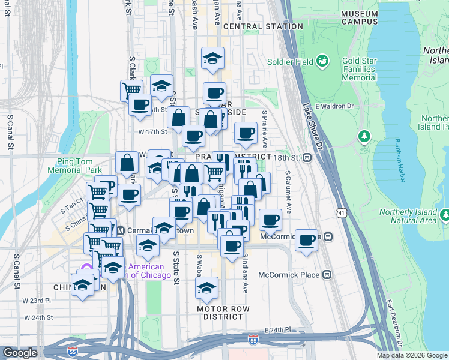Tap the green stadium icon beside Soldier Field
[x=323, y=61]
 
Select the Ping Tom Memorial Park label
[x=80, y=166]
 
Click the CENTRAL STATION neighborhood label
[x=263, y=26]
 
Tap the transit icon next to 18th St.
[x=307, y=158]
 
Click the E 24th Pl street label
[x=277, y=330]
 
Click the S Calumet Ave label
[x=288, y=193]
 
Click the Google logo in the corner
[x=19, y=353]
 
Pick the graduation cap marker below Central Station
[x=212, y=59]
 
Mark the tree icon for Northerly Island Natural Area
[x=445, y=214]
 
